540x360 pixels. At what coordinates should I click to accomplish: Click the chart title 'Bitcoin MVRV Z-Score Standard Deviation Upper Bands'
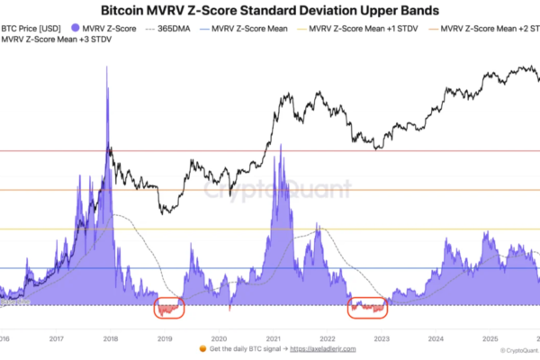click(270, 12)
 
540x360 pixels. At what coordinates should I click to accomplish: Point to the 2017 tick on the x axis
click(56, 339)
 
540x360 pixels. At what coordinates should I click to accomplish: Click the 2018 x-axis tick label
click(111, 339)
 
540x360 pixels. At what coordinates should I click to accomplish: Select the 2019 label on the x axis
click(165, 339)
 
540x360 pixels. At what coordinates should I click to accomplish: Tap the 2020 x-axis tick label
click(219, 339)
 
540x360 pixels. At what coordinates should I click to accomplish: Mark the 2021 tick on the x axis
click(273, 339)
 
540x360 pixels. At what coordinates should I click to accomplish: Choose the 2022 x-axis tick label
click(328, 339)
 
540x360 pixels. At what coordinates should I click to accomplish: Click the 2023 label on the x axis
click(382, 339)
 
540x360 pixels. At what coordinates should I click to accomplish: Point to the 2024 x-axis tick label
click(436, 339)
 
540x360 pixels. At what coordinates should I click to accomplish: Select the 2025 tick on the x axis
click(490, 339)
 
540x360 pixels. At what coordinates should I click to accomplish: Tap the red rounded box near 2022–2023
click(367, 309)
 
